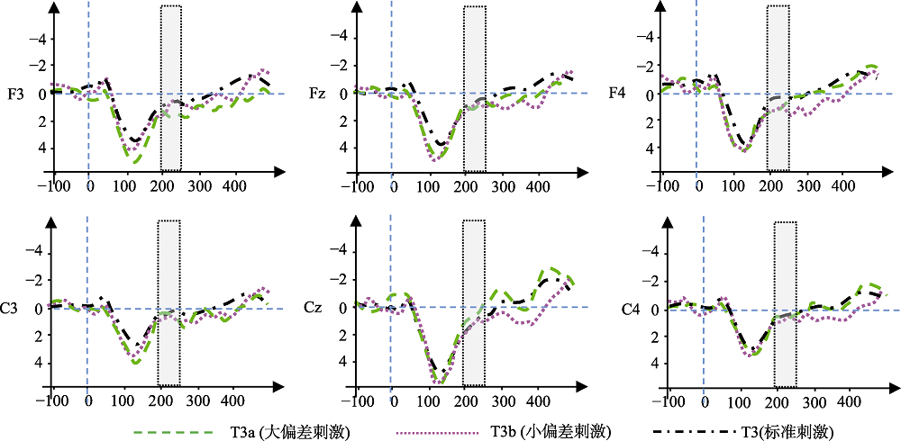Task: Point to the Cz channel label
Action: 313,309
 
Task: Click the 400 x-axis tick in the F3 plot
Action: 234,185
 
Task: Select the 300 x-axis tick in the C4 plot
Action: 815,402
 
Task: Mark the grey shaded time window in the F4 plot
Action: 778,88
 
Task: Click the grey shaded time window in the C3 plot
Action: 169,302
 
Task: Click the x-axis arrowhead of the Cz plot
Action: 583,382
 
